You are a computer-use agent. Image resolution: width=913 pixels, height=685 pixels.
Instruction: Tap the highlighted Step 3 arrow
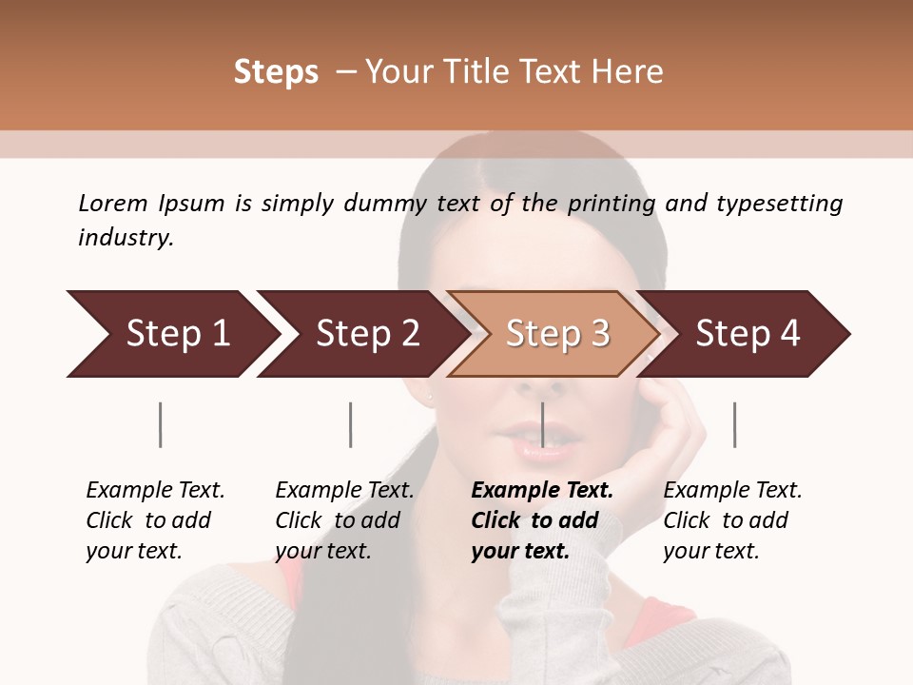[x=554, y=334]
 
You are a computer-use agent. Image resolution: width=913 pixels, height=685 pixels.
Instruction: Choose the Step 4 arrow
[x=746, y=334]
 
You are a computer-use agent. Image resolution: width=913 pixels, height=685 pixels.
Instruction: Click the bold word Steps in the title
[x=276, y=72]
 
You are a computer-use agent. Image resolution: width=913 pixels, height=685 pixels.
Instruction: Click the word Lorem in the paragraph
[x=112, y=204]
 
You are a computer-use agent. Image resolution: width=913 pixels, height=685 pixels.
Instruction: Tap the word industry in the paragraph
[x=126, y=238]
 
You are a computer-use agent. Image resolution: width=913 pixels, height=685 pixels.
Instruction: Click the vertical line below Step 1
[x=161, y=424]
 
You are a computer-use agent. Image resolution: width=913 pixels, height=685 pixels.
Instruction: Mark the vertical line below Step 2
[x=351, y=424]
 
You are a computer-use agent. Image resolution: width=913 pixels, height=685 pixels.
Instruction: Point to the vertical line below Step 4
[x=735, y=424]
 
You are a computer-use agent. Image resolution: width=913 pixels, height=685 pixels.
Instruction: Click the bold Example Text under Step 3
[x=542, y=491]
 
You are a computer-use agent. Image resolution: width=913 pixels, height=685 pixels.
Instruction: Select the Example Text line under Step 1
[x=155, y=491]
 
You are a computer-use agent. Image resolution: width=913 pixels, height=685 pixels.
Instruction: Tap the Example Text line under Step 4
[x=732, y=491]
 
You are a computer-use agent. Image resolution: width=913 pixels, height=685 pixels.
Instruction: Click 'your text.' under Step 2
[x=323, y=551]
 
